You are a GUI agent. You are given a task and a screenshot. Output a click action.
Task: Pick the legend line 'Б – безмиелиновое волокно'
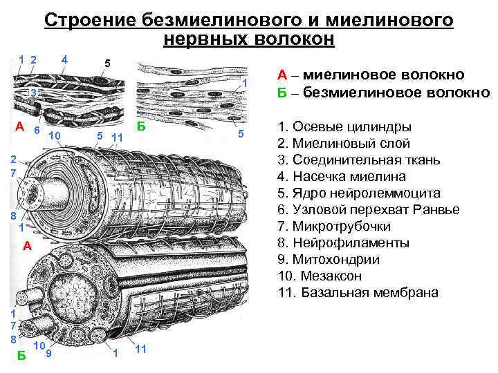[x=383, y=92]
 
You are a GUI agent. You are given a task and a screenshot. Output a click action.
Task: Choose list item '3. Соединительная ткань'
[x=358, y=160]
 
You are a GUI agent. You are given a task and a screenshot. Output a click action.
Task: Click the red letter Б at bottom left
[x=22, y=356]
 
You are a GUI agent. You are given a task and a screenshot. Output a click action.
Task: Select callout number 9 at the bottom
[x=48, y=354]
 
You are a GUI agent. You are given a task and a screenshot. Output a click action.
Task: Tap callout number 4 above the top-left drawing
[x=64, y=59]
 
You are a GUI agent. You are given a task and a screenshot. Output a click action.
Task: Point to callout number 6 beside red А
[x=37, y=130]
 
